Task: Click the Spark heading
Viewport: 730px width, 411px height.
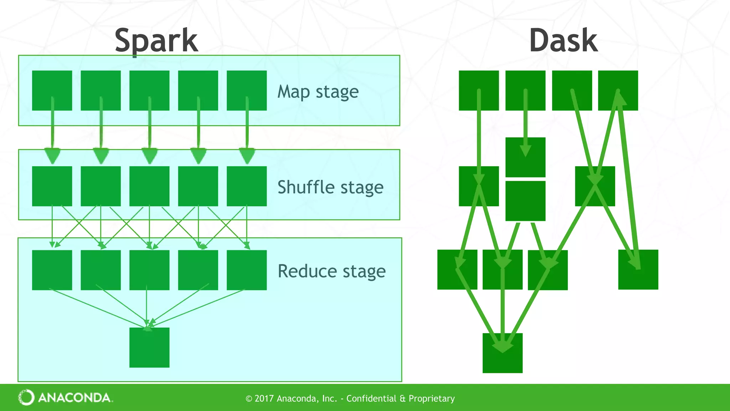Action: [156, 41]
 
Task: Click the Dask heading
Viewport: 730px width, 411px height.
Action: [563, 41]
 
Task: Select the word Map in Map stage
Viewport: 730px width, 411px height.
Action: [293, 92]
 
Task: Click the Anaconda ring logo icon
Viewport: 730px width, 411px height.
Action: [26, 397]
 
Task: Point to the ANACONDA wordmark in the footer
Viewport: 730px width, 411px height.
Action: [74, 398]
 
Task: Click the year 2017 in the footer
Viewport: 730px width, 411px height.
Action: [264, 399]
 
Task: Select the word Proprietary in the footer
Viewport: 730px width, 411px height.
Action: [432, 399]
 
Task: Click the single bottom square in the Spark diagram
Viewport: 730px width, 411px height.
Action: [149, 347]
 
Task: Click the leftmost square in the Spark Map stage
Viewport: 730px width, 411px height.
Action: [52, 90]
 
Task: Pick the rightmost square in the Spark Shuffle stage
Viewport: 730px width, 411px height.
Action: [247, 186]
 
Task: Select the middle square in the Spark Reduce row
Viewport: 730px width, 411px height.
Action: [149, 270]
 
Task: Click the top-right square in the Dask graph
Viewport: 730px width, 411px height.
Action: [618, 90]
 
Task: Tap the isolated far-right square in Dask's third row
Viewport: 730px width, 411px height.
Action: [638, 269]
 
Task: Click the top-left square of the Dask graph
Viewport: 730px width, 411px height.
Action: [479, 90]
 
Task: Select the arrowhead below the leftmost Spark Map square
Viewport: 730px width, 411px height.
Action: [52, 156]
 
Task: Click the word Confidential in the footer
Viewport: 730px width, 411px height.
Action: [371, 399]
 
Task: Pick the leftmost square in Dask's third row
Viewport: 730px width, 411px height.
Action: [457, 269]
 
